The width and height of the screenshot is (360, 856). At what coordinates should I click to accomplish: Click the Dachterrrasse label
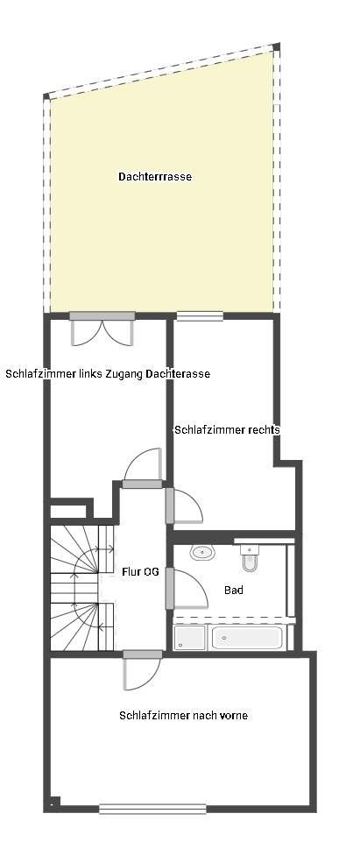pos(155,177)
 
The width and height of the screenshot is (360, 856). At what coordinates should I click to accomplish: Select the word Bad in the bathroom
pos(234,591)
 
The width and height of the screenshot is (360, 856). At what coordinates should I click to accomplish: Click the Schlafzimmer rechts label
pos(227,430)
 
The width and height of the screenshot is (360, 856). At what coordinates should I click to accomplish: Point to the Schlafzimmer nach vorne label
pos(183,716)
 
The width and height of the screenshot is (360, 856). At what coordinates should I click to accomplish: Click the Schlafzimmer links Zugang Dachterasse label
pos(108,374)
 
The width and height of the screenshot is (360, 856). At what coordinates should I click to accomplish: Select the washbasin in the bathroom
pos(203,552)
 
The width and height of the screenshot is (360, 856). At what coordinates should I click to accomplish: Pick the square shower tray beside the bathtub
pos(189,638)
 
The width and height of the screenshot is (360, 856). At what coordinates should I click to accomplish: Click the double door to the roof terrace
pos(103,330)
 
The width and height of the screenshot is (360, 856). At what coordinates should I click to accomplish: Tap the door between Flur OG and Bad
pos(186,589)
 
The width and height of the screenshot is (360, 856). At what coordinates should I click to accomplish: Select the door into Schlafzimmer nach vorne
pos(140,670)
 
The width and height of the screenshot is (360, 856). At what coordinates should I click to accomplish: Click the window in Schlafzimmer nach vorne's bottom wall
pos(152,809)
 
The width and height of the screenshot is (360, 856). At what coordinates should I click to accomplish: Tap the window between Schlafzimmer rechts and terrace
pos(200,316)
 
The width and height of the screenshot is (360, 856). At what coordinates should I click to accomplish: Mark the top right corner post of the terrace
pos(277,47)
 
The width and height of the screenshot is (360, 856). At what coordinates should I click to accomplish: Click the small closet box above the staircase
pos(67,511)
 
